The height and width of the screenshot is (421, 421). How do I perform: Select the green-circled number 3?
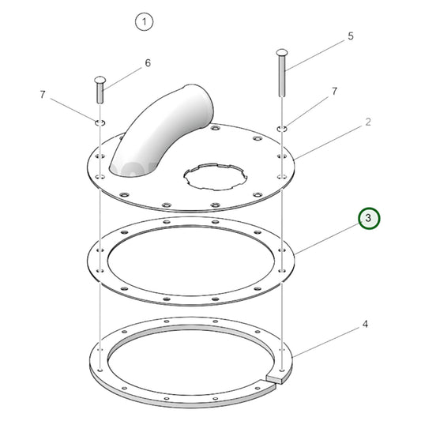369,219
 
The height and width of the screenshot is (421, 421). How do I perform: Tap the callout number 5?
351,36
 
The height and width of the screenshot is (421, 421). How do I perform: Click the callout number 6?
146,62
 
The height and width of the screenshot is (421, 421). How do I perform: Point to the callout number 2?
367,122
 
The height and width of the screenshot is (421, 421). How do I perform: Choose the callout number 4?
366,324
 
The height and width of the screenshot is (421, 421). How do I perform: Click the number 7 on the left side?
43,95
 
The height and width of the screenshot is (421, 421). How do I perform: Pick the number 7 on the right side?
334,92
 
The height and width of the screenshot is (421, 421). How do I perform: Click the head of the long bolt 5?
283,53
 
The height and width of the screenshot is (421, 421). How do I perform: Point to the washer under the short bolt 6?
100,122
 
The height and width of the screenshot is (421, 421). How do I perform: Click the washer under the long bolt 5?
283,126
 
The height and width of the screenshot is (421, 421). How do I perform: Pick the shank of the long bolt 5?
283,79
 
